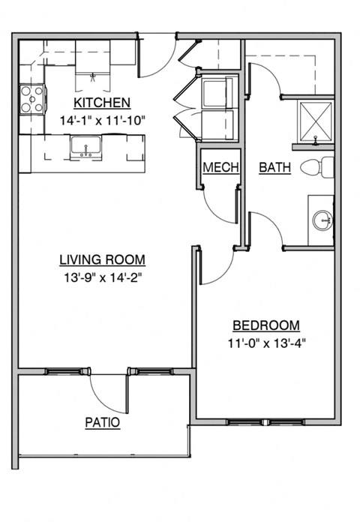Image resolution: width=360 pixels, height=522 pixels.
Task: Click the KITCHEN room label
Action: (102, 103)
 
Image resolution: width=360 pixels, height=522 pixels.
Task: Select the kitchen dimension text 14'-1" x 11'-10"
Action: (102, 119)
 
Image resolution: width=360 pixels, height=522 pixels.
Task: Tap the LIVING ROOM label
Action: (102, 260)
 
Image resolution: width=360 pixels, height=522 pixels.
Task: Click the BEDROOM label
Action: (266, 325)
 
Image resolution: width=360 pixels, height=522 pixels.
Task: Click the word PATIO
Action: (102, 422)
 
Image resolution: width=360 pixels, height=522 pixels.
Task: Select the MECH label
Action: (220, 167)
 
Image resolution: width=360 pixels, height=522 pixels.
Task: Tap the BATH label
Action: (274, 167)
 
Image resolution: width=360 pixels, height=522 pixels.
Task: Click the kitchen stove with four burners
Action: (31, 99)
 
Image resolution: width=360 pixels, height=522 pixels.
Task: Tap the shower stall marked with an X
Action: (315, 119)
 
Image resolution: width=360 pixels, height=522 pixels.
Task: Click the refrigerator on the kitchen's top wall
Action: (93, 60)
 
